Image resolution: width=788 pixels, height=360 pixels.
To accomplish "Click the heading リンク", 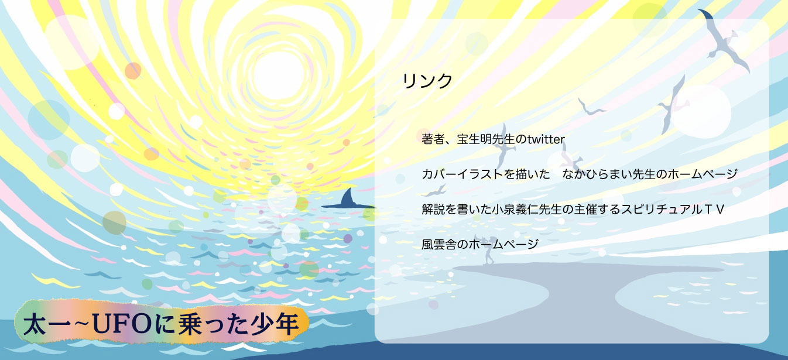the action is click(x=427, y=81).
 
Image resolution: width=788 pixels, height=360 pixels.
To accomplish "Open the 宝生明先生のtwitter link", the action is click(x=493, y=139).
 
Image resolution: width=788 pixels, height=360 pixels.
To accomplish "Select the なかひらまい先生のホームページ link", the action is click(x=580, y=174).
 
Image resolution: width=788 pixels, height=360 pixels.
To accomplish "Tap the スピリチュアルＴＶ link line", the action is click(x=573, y=210).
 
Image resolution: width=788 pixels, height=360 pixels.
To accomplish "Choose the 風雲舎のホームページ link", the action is click(x=480, y=244).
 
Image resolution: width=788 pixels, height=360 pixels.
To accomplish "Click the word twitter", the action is click(x=546, y=139).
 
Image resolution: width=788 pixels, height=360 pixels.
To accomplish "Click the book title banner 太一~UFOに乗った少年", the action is click(x=162, y=323).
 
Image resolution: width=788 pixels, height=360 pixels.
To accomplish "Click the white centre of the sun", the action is click(x=278, y=76).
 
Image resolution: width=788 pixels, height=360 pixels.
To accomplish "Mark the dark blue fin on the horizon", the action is click(x=347, y=200).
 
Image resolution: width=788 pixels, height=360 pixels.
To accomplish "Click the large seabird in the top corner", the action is click(x=725, y=40).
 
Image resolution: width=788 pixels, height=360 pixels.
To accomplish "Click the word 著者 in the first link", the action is click(x=433, y=139).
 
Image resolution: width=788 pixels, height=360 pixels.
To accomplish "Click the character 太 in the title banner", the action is click(x=35, y=324).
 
